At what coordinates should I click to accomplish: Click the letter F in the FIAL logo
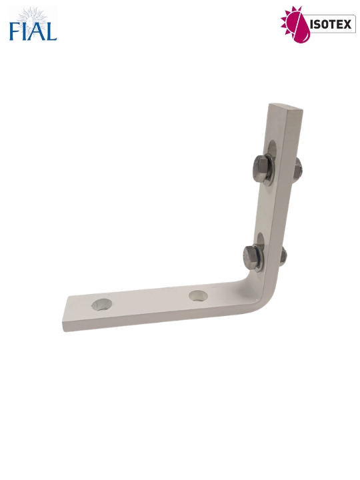[15, 31]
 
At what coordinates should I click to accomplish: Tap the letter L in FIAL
[51, 31]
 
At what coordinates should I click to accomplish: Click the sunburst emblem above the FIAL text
[33, 16]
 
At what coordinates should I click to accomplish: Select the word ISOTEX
[330, 25]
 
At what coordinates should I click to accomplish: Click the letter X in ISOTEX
[347, 25]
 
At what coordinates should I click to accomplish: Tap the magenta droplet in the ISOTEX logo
[301, 27]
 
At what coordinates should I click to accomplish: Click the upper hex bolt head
[260, 169]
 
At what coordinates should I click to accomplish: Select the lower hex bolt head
[251, 258]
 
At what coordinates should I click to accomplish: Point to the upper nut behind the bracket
[298, 169]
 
